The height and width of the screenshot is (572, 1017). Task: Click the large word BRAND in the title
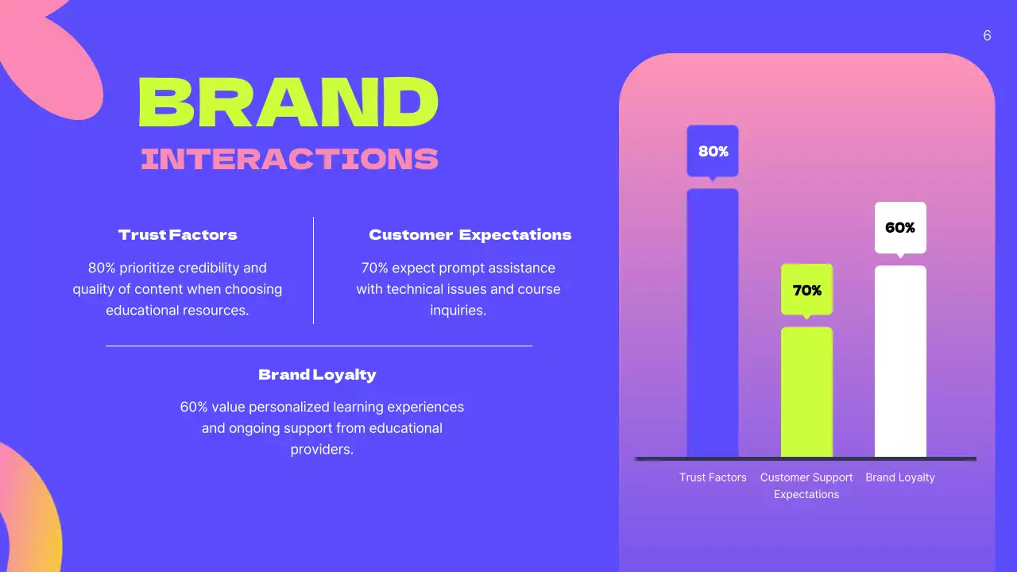click(x=288, y=103)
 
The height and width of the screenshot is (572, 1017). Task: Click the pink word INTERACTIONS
click(x=289, y=159)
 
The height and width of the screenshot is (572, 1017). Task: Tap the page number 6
click(x=987, y=36)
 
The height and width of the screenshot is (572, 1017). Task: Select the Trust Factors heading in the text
click(x=177, y=235)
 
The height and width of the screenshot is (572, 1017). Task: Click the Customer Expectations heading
click(x=470, y=235)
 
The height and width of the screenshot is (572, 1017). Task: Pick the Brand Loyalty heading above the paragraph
click(x=317, y=375)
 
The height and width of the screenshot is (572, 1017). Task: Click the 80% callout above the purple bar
click(x=713, y=151)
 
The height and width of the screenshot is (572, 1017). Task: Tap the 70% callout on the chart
click(x=806, y=291)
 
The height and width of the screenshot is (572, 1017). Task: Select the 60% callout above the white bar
click(x=900, y=228)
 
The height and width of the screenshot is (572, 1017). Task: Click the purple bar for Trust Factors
click(x=713, y=326)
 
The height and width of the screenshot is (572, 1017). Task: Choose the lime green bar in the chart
click(x=806, y=393)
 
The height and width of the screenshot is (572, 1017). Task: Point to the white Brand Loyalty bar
click(x=900, y=361)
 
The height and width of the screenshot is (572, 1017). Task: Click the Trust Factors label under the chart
click(x=713, y=477)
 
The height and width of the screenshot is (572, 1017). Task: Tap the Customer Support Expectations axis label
click(x=806, y=485)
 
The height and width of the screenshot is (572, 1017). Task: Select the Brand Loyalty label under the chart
click(x=900, y=477)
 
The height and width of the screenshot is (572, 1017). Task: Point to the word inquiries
click(x=458, y=311)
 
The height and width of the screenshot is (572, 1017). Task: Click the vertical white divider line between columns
click(x=314, y=270)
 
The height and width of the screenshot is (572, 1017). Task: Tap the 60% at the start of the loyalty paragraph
click(x=194, y=407)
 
